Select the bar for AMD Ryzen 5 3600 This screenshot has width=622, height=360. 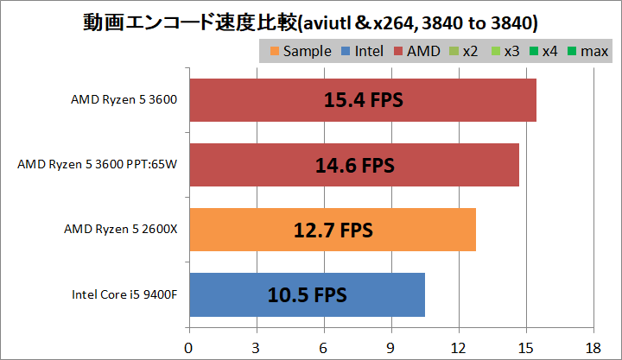point(362,100)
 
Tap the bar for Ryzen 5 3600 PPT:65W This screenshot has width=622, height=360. point(353,165)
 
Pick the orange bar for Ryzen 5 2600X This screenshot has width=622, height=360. point(332,230)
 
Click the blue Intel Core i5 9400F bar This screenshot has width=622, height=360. point(307,294)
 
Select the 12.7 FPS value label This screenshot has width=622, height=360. point(332,230)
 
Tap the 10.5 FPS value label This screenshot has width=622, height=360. point(307,294)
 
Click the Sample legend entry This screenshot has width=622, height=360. point(300,52)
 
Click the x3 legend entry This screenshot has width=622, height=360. point(505,52)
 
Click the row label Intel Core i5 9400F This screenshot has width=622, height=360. point(125,294)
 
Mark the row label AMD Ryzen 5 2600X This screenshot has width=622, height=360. point(120,230)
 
